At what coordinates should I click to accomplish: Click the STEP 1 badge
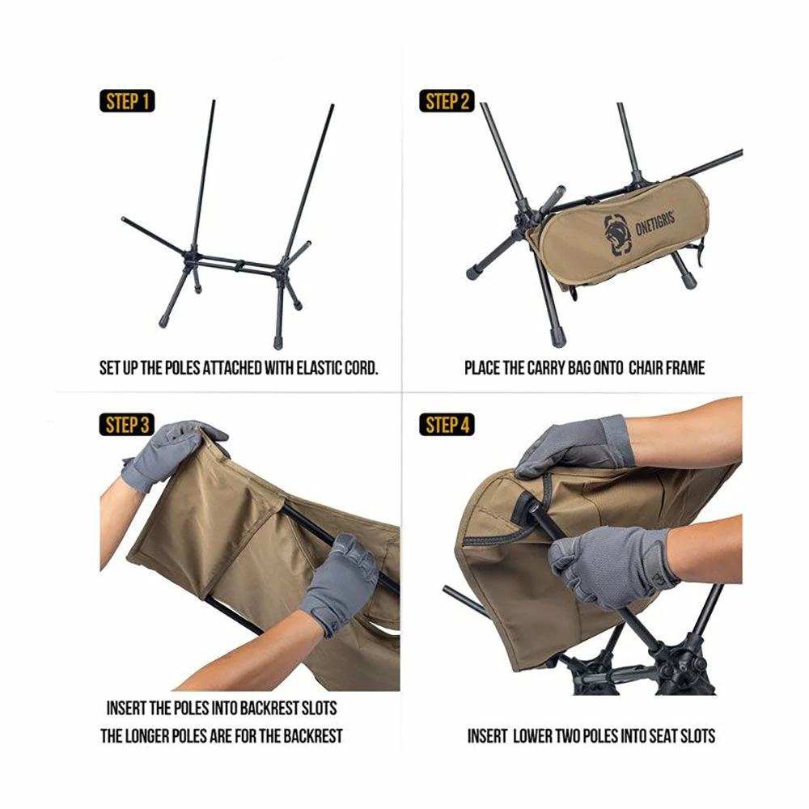pos(127,101)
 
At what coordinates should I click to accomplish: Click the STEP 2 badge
pos(447,101)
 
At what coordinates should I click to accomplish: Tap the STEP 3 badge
pos(127,425)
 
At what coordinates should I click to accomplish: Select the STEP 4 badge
pos(447,425)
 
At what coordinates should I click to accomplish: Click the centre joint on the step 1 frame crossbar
pos(239,265)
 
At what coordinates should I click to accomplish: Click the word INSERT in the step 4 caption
pos(487,736)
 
